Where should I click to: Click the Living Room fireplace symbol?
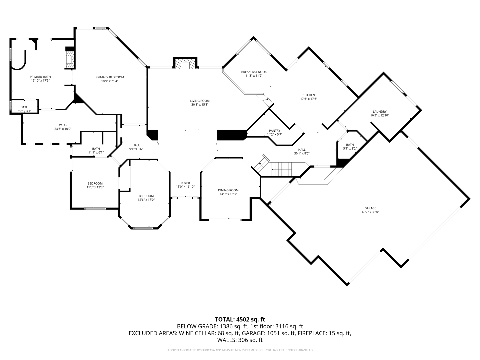pyautogui.click(x=185, y=63)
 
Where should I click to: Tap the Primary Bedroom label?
pyautogui.click(x=110, y=77)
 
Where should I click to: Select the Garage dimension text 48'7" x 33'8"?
pyautogui.click(x=370, y=212)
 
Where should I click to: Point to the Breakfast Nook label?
pyautogui.click(x=254, y=72)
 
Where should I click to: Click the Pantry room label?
pyautogui.click(x=275, y=131)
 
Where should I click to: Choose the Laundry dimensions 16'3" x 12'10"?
pyautogui.click(x=380, y=115)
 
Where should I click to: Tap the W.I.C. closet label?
pyautogui.click(x=63, y=125)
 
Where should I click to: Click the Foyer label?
pyautogui.click(x=185, y=183)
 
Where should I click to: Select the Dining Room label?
pyautogui.click(x=228, y=190)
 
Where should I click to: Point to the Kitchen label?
pyautogui.click(x=309, y=95)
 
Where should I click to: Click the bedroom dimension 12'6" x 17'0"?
pyautogui.click(x=146, y=200)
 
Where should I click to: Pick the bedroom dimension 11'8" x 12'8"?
pyautogui.click(x=95, y=187)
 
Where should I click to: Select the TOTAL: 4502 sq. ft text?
pyautogui.click(x=240, y=320)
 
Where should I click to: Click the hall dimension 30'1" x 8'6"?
pyautogui.click(x=302, y=153)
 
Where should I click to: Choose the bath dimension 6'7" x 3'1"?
pyautogui.click(x=24, y=111)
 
